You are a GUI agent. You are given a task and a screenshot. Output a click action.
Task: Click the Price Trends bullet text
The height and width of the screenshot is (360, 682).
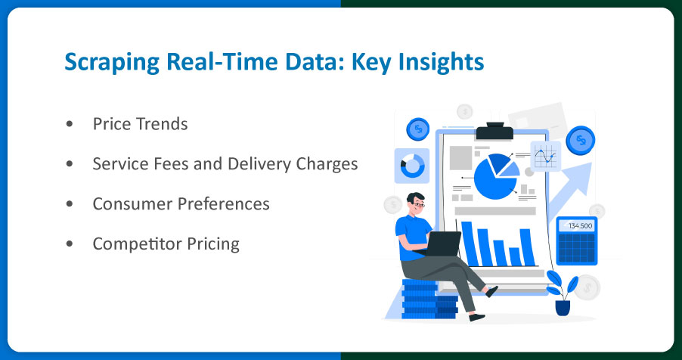point(140,123)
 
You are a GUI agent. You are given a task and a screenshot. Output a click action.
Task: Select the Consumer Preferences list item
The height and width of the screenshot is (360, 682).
point(181,203)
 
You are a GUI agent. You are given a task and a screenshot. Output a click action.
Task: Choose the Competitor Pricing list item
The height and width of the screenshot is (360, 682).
point(166,244)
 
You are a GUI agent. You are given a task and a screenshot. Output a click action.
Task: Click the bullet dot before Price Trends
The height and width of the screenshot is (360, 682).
point(70,124)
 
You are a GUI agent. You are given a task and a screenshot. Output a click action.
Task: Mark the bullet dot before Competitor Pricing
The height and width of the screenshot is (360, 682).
point(70,244)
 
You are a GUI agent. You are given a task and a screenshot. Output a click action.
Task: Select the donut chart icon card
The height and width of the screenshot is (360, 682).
point(412,164)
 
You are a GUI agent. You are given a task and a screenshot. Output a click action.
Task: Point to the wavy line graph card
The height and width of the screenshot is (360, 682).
point(545,157)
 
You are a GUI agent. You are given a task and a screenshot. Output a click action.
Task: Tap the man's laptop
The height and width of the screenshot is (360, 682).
point(442,244)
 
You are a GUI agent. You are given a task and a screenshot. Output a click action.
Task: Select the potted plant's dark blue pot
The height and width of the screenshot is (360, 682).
point(563,307)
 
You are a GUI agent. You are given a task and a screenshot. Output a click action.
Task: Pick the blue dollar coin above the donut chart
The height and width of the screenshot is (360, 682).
point(417,129)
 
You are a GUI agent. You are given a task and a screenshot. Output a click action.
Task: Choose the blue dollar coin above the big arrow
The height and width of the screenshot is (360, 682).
point(580,140)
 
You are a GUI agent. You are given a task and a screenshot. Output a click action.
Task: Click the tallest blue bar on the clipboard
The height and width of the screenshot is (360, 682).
point(467,244)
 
